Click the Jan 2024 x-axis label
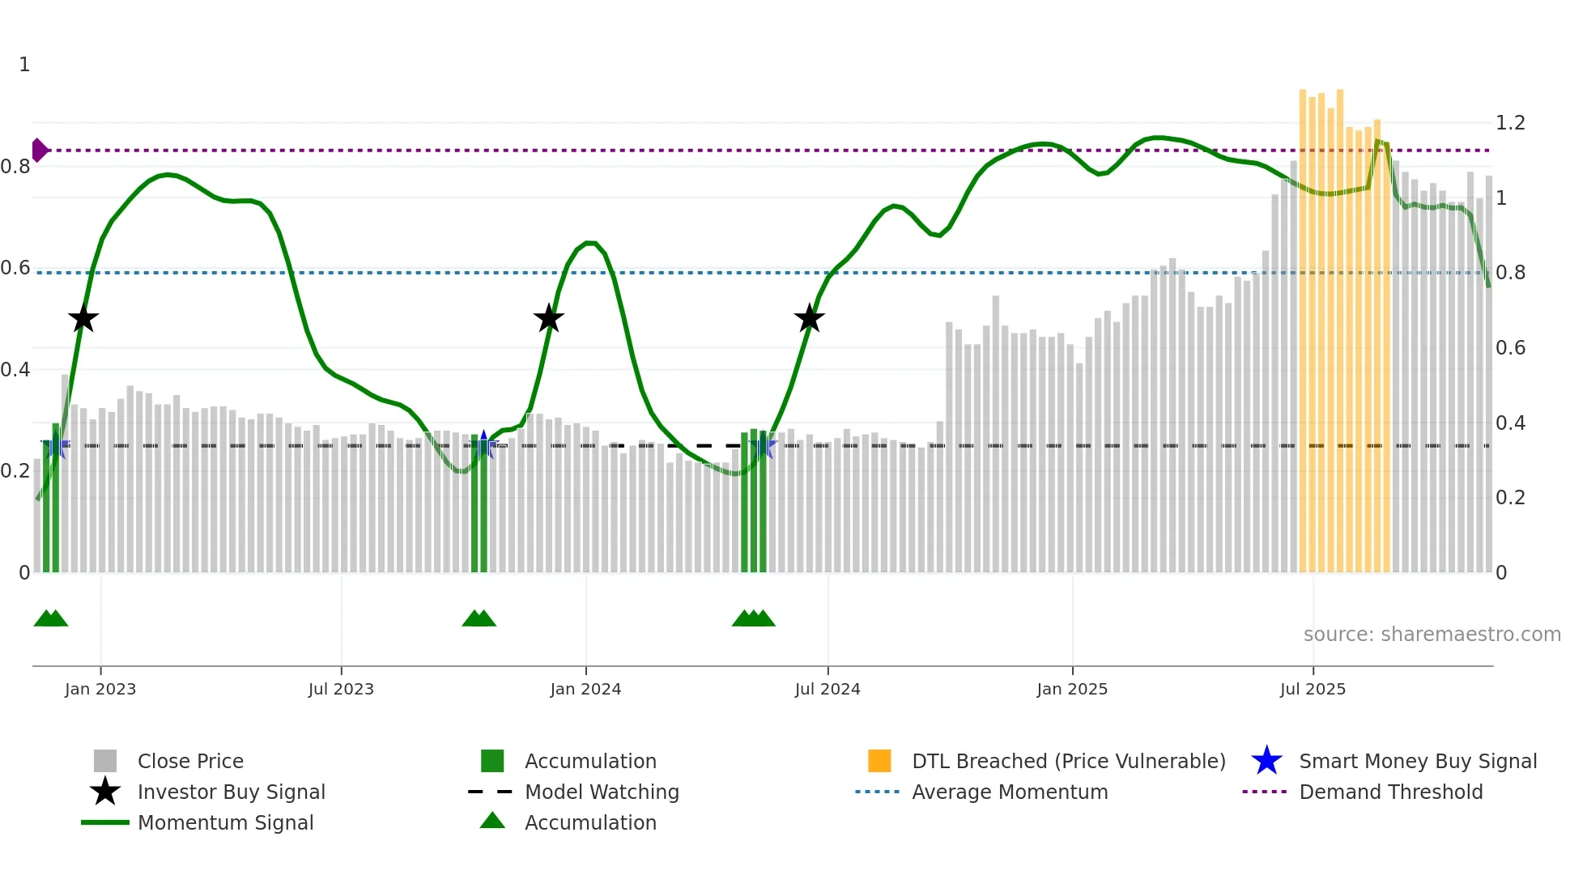585,689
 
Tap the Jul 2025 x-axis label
1313,689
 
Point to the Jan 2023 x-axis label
100,689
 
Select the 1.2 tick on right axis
1510,123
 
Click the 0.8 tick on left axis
15,167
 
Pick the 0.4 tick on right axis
1510,423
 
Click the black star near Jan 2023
83,319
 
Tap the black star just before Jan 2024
549,319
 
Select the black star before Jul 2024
809,319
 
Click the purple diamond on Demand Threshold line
39,151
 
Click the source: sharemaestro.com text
1432,635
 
